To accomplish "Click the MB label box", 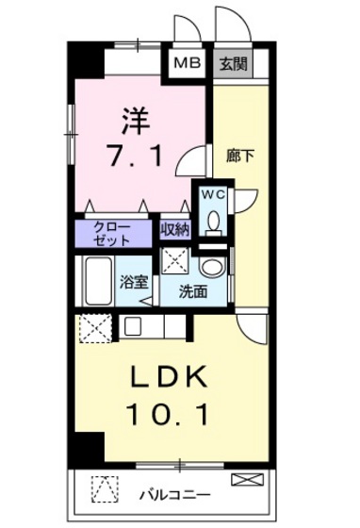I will (188, 64).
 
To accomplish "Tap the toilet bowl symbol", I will (213, 223).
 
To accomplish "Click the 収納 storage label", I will (174, 228).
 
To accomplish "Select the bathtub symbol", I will (96, 281).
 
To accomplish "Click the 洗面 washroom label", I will (195, 292).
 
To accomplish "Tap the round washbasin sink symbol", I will (212, 268).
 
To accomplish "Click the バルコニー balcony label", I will (175, 493).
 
